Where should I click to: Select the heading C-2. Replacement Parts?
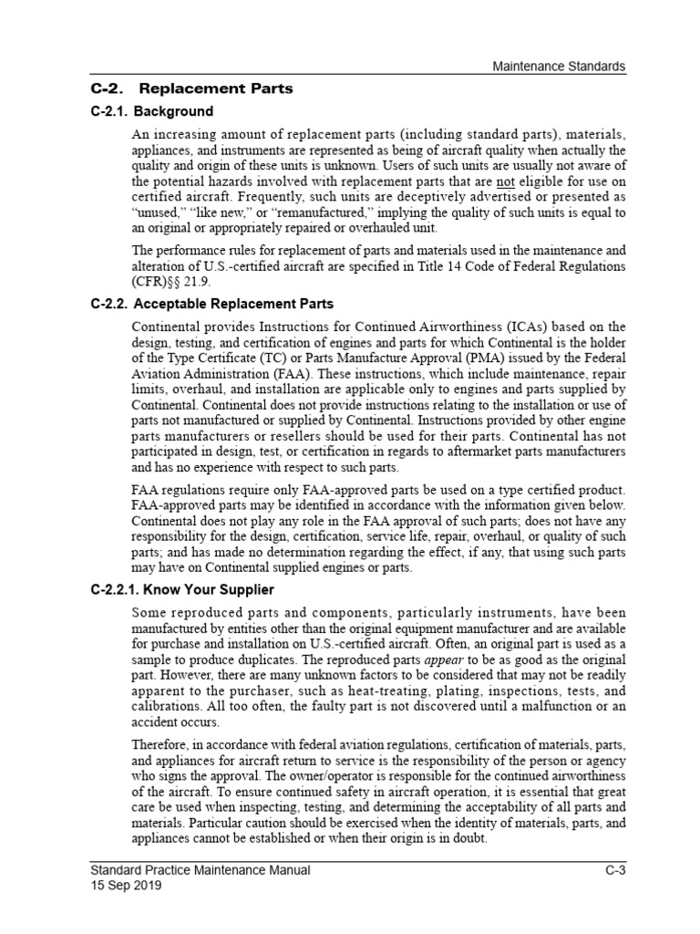pos(192,89)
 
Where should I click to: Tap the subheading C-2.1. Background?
pos(152,112)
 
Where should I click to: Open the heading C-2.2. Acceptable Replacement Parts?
pos(212,304)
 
